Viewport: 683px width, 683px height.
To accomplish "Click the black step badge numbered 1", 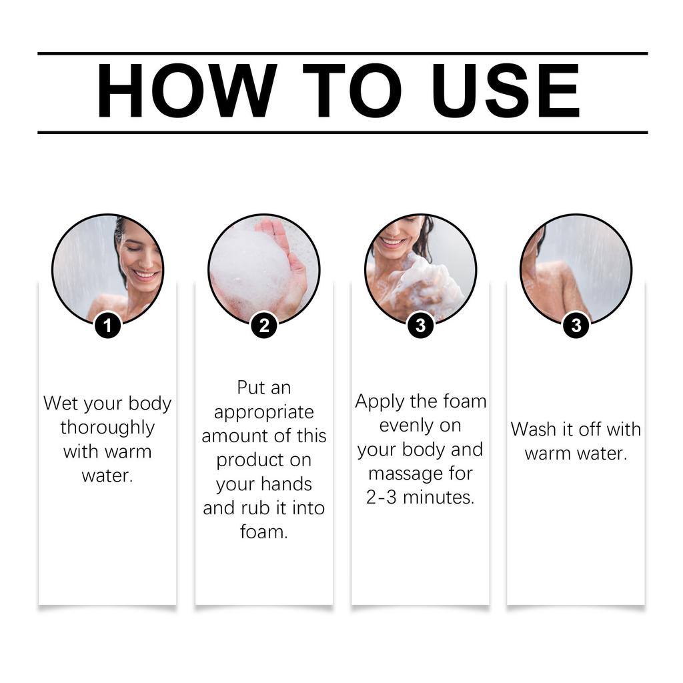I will coord(108,325).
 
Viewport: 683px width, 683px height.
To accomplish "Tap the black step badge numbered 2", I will coord(264,325).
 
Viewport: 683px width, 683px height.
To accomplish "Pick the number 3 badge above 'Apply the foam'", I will coord(420,325).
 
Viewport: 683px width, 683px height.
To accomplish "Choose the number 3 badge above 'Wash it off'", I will coord(576,325).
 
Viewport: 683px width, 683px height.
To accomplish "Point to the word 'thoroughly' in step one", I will coord(107,428).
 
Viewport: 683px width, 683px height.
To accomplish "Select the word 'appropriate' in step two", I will coord(263,412).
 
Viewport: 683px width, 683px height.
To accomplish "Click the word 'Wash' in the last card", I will coord(533,430).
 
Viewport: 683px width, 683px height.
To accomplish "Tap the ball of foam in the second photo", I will coord(249,271).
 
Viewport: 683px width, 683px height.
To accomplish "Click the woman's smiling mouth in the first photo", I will coord(145,274).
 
